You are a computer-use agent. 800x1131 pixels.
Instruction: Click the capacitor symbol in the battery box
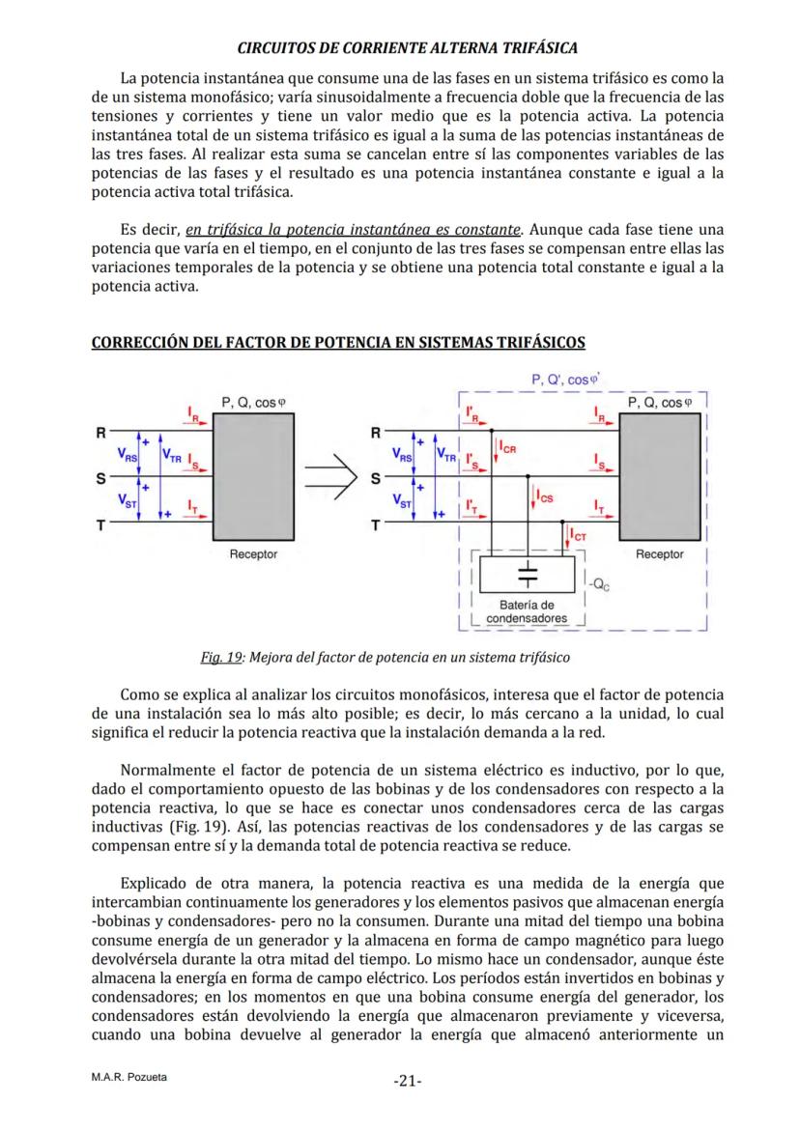click(528, 574)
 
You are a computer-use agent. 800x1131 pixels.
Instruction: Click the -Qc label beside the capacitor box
click(598, 582)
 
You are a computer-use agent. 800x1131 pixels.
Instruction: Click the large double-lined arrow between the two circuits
click(330, 476)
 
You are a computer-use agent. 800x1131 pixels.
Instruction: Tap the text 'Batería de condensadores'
click(527, 611)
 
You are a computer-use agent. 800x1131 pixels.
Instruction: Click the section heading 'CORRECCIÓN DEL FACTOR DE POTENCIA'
click(337, 343)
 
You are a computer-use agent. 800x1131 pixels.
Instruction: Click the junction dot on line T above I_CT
click(565, 523)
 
